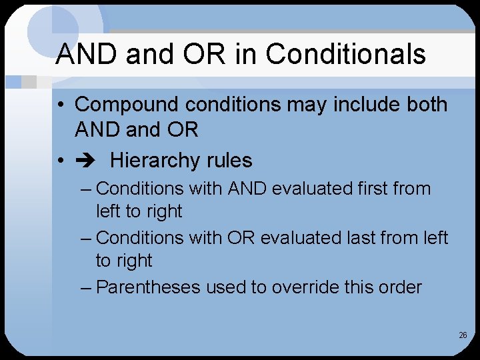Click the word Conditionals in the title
click(x=346, y=54)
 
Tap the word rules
click(x=229, y=161)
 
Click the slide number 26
click(x=463, y=335)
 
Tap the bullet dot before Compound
click(x=60, y=105)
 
